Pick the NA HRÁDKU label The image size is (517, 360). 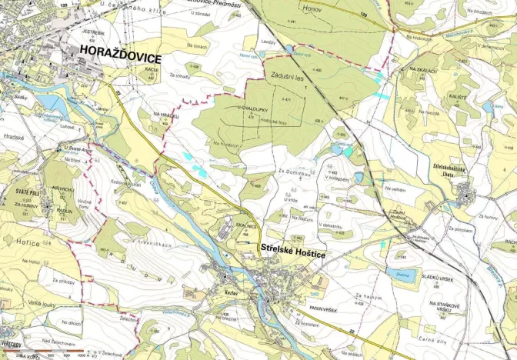click(x=166, y=115)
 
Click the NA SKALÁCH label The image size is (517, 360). click(x=423, y=70)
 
